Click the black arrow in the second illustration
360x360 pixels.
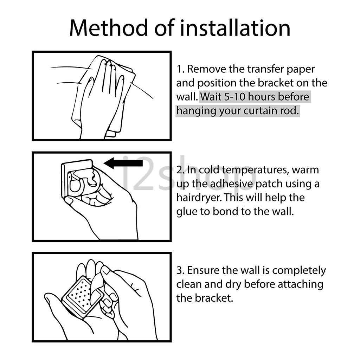[x=123, y=163]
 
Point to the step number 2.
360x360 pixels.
[x=181, y=170]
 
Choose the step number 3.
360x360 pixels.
[x=181, y=271]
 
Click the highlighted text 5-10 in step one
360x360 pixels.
[x=235, y=97]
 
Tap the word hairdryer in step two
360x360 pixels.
[x=199, y=198]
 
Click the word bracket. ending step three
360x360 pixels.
[x=214, y=298]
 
